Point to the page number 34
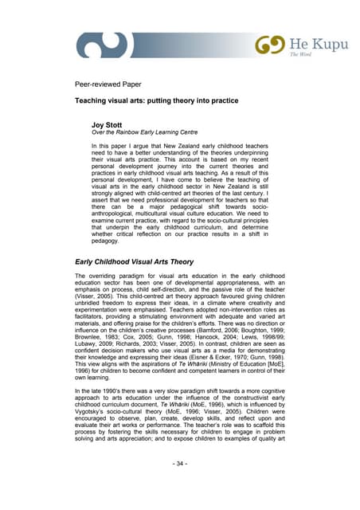180,485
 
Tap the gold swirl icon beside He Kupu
271,45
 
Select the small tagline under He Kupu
300,56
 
